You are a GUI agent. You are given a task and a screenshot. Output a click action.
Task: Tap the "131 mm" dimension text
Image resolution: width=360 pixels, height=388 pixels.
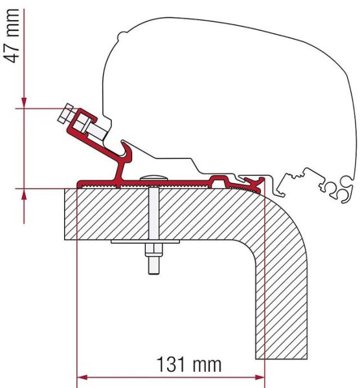click(188, 364)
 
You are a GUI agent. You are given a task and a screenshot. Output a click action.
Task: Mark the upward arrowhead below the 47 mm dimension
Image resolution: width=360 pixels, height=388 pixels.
click(23, 193)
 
